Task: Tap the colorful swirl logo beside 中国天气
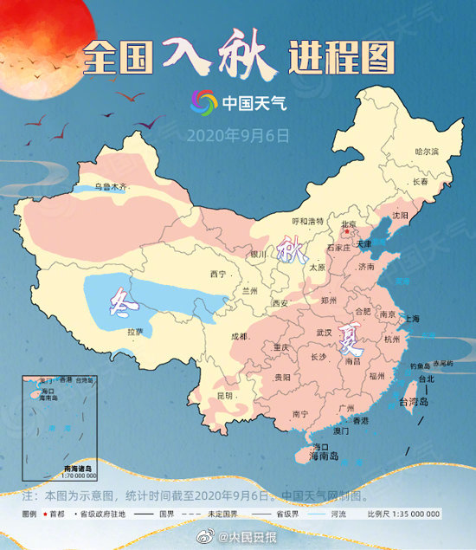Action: (204, 103)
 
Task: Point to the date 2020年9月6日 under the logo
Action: (237, 135)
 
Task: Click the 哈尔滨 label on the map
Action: (427, 152)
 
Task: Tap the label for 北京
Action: (350, 224)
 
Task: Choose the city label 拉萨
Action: (134, 332)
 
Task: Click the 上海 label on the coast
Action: (411, 319)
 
